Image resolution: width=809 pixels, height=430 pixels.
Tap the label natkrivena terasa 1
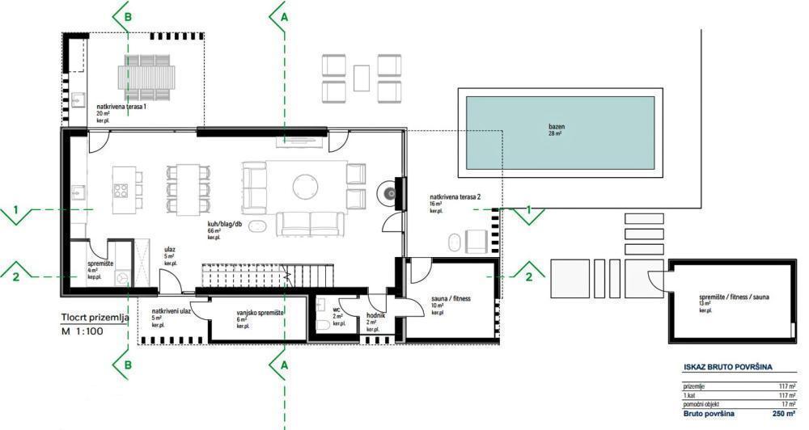click(x=121, y=106)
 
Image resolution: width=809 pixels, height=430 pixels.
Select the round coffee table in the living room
click(x=306, y=185)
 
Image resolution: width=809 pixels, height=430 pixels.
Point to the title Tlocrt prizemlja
click(x=95, y=318)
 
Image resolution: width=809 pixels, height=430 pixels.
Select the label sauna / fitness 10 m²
click(x=451, y=301)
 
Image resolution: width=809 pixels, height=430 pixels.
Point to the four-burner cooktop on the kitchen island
click(x=121, y=192)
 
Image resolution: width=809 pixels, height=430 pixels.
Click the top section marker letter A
click(x=283, y=15)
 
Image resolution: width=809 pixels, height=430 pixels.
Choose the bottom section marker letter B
click(x=127, y=366)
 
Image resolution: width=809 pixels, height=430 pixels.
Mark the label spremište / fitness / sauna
click(x=734, y=298)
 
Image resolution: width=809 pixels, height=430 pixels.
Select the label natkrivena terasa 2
click(x=456, y=196)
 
